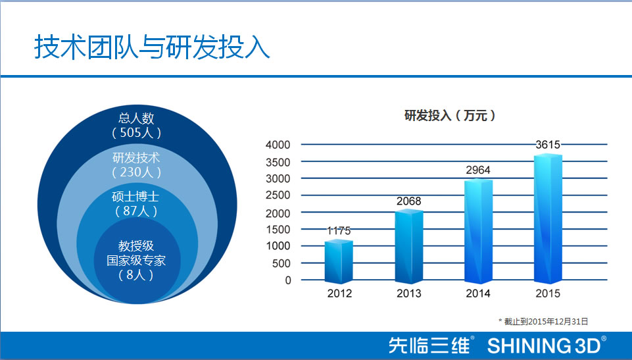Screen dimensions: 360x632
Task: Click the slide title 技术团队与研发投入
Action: pos(152,48)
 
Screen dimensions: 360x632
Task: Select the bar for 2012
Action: pos(339,262)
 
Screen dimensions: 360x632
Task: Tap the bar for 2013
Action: pos(408,247)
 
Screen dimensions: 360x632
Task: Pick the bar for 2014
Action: pos(478,232)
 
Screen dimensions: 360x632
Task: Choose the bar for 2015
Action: pos(548,219)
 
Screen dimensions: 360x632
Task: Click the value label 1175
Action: pos(339,231)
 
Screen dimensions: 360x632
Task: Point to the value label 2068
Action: pos(408,201)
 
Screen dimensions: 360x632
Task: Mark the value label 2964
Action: pos(478,170)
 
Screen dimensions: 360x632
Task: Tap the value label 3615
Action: pos(548,145)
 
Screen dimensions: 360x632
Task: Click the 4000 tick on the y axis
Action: pos(278,145)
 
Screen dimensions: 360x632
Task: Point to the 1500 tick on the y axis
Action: pos(278,229)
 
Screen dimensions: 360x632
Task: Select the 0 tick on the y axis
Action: pos(287,280)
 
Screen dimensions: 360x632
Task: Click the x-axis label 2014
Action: pos(478,294)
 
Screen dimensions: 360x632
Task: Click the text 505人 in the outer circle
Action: pos(137,133)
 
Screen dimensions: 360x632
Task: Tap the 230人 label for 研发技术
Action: pos(137,172)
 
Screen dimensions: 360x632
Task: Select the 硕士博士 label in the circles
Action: pos(137,197)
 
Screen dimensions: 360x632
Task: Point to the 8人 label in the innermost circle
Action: pos(136,275)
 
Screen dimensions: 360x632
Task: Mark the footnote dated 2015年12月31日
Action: pos(543,321)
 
